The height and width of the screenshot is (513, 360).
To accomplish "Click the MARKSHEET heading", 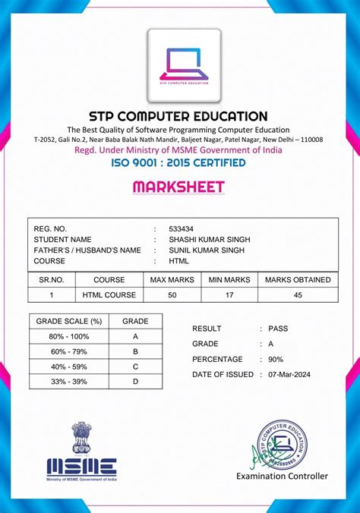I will pyautogui.click(x=178, y=187).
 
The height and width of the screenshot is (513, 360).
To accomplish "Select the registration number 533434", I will pyautogui.click(x=181, y=228).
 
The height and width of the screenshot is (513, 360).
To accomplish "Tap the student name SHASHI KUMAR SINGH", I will pyautogui.click(x=210, y=239).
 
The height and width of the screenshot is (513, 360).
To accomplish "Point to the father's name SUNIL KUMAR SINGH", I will pyautogui.click(x=207, y=250).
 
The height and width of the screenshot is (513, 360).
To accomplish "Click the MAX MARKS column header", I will pyautogui.click(x=172, y=279).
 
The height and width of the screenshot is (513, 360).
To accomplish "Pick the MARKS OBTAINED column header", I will pyautogui.click(x=298, y=279).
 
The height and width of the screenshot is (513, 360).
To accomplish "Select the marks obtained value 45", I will pyautogui.click(x=298, y=294).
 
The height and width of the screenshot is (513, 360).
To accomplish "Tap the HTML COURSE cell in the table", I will pyautogui.click(x=109, y=294).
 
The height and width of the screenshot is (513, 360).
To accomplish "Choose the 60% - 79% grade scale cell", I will pyautogui.click(x=69, y=351).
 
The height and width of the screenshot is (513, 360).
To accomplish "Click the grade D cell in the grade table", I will pyautogui.click(x=135, y=381).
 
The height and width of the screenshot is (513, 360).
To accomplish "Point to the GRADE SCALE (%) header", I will pyautogui.click(x=69, y=321).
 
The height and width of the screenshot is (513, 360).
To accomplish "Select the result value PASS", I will pyautogui.click(x=279, y=329).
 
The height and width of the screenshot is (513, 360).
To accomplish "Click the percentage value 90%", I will pyautogui.click(x=276, y=359).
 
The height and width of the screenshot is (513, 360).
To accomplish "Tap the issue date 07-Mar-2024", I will pyautogui.click(x=289, y=374).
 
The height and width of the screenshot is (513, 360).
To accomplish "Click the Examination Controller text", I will pyautogui.click(x=283, y=477).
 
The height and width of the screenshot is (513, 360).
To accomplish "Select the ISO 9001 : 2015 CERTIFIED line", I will pyautogui.click(x=178, y=162).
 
